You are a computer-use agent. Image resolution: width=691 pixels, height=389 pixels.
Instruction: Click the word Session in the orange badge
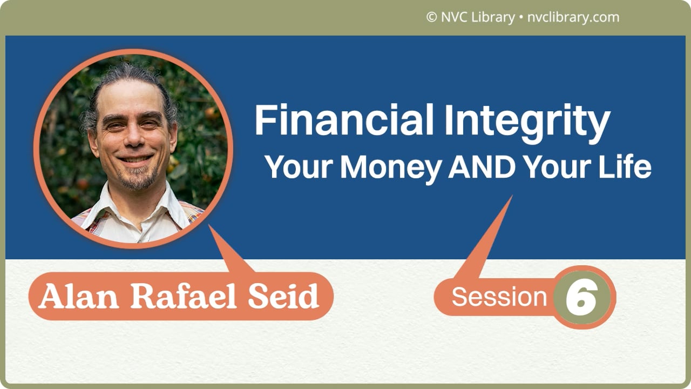click(x=499, y=297)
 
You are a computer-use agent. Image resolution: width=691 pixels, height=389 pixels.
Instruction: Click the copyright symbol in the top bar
click(x=431, y=17)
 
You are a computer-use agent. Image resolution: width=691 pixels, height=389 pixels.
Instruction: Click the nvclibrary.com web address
click(x=572, y=17)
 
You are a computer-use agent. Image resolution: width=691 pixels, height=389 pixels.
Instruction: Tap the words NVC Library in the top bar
click(x=477, y=17)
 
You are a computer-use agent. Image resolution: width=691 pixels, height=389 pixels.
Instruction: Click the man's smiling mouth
click(x=135, y=160)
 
